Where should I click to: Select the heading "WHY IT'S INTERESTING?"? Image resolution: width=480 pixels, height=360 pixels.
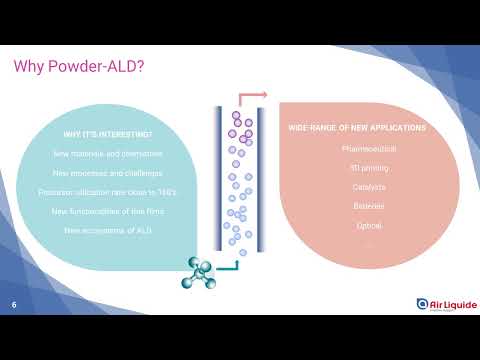tap(107, 135)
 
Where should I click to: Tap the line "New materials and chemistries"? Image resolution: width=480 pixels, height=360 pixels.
tap(107, 154)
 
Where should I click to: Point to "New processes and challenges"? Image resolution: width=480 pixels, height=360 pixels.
tap(107, 172)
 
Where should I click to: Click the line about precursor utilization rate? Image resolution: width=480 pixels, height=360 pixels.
tap(107, 191)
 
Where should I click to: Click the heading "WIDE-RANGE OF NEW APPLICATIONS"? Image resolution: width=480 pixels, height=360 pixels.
tap(357, 129)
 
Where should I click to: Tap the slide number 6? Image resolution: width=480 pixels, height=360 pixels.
tap(14, 304)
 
